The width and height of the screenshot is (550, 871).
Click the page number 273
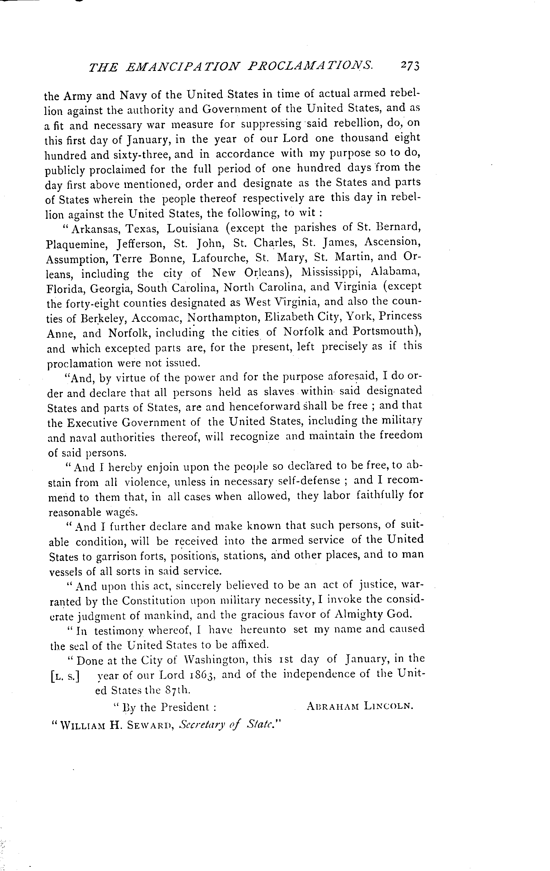[x=409, y=65]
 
